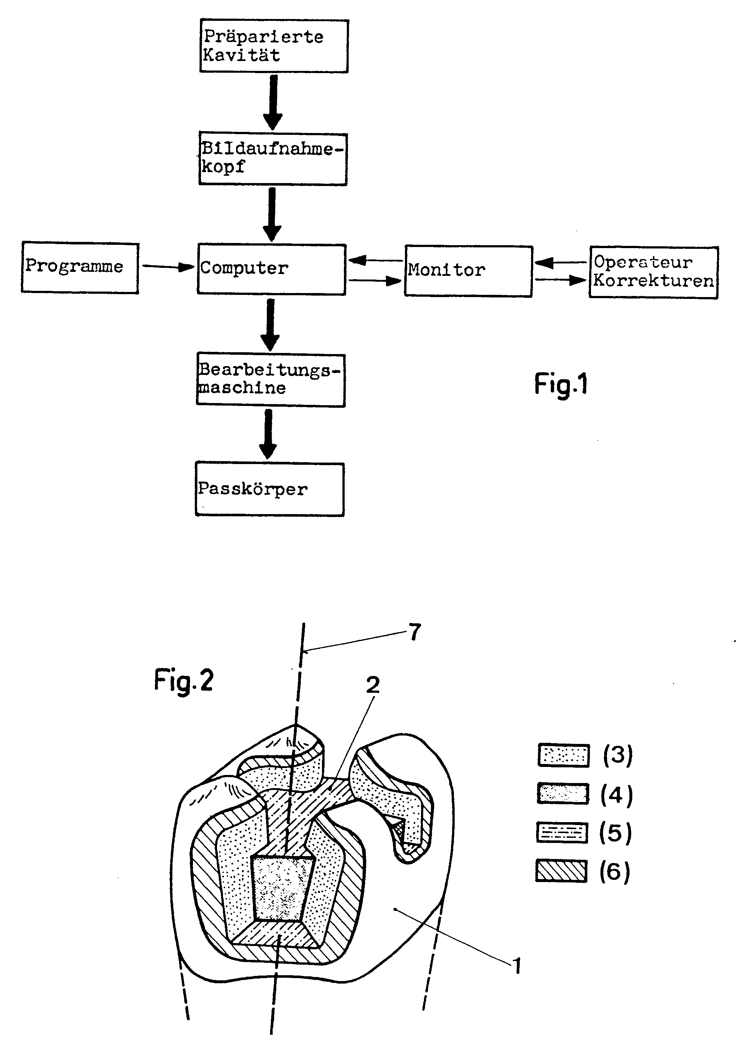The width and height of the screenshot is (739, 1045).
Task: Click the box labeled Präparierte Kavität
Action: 274,46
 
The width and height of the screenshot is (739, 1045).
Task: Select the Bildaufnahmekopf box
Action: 273,159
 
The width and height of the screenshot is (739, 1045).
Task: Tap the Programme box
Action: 80,267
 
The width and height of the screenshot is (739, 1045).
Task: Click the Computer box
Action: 272,269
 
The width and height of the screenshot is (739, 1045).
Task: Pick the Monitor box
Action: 468,271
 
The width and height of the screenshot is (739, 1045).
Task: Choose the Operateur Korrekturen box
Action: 653,272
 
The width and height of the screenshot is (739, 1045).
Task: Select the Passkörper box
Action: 270,489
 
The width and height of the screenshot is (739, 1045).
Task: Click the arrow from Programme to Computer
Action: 167,267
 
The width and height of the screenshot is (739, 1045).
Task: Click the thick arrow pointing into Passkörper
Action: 268,434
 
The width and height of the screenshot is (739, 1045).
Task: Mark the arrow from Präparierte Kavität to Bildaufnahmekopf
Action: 273,102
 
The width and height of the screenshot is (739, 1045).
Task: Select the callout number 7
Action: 414,632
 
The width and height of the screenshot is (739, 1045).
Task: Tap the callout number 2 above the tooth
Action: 372,685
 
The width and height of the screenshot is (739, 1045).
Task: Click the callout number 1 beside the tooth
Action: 516,965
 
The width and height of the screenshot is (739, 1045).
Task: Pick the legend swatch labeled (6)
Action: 561,871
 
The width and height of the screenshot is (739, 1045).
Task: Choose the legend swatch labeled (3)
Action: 564,756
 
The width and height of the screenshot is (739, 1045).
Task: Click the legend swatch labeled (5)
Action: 562,832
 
